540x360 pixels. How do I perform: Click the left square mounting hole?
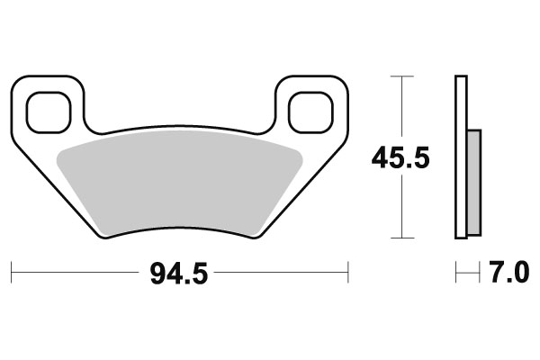click(48, 112)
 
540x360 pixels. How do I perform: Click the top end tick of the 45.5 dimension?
click(401, 77)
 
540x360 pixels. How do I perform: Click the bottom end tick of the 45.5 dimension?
click(401, 238)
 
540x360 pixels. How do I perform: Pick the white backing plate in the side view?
click(462, 158)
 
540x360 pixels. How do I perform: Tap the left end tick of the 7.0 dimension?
click(456, 270)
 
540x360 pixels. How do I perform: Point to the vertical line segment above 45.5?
click(401, 108)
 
